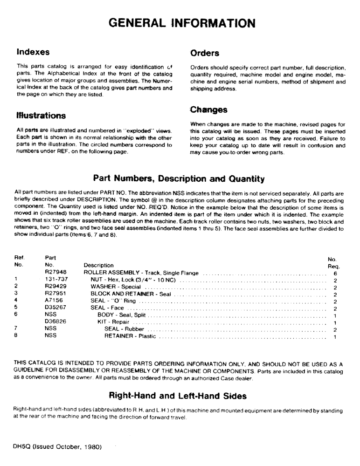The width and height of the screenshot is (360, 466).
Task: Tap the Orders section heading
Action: coord(205,53)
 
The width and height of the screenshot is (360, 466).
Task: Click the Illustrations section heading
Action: coord(41,115)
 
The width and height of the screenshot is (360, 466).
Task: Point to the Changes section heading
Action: coord(208,110)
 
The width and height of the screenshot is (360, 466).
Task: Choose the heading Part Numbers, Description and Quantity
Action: coord(179,178)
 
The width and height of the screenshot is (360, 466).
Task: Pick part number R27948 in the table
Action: coord(55,273)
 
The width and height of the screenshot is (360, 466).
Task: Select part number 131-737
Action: coord(55,280)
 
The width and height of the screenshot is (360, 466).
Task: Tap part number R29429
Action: coord(55,287)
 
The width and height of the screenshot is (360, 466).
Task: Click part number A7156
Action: coord(54,301)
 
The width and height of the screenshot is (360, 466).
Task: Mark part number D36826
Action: coord(55,322)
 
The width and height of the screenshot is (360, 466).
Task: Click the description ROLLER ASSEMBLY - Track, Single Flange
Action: coord(141,273)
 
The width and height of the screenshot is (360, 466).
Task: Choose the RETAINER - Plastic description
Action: coord(130,336)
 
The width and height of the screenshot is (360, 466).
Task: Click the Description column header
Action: coord(98,265)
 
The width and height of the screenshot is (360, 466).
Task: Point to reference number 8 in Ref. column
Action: coord(16,336)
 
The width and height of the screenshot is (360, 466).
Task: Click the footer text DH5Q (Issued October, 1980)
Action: coord(57,446)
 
